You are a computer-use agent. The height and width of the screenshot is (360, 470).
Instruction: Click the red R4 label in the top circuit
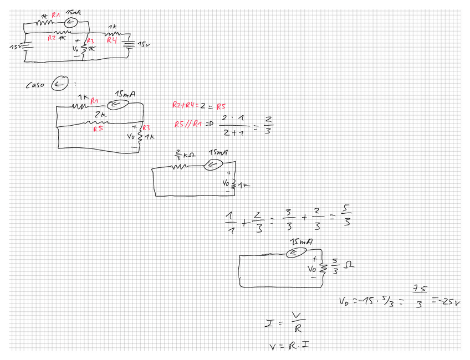[113, 42]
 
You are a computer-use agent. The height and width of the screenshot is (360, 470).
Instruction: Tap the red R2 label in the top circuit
[52, 38]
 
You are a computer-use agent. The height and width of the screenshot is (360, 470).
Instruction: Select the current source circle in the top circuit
[71, 23]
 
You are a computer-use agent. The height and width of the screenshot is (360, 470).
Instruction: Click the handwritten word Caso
[34, 85]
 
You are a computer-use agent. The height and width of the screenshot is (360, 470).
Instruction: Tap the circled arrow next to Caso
[59, 84]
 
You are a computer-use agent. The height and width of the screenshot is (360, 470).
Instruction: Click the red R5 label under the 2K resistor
[98, 128]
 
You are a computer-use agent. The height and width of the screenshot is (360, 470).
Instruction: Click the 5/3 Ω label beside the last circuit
[340, 266]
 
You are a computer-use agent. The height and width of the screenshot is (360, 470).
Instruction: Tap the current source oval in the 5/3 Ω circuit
[297, 253]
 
